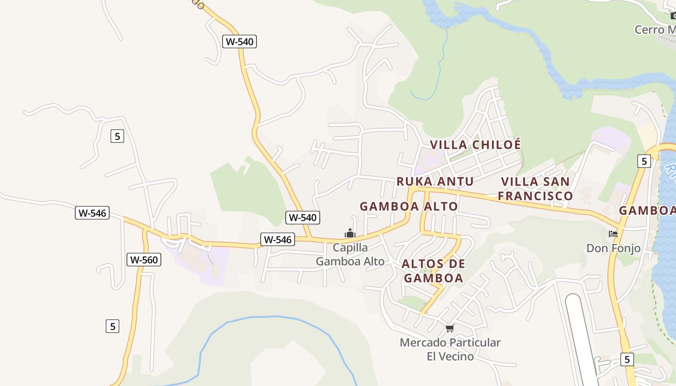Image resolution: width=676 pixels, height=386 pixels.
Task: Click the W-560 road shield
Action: coord(143,260)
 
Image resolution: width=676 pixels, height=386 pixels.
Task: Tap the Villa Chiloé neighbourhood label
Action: coord(475,145)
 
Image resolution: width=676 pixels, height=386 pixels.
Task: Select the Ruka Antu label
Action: coord(435,181)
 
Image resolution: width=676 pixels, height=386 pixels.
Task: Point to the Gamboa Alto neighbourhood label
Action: coord(408,207)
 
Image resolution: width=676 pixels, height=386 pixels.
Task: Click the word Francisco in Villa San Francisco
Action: coord(535,196)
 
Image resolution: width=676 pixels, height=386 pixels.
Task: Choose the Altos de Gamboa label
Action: coord(433,271)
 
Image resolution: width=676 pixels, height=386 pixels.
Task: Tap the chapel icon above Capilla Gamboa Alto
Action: coord(350,234)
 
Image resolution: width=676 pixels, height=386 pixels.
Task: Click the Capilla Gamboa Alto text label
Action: coord(350,255)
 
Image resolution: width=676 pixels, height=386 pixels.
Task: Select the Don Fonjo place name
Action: coord(613,248)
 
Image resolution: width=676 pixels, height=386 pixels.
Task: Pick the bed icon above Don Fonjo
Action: coord(613,234)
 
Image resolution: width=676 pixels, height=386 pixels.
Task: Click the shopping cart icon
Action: coord(450,329)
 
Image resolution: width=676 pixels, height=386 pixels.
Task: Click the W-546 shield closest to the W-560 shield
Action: coord(92,213)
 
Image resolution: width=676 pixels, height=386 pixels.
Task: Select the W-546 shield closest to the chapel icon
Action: coord(278,239)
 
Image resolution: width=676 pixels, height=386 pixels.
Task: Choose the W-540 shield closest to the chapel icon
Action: coord(303,218)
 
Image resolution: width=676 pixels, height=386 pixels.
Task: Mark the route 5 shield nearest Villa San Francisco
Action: coord(644,161)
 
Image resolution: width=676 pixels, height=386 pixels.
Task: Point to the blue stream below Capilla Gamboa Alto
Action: coord(270,317)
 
